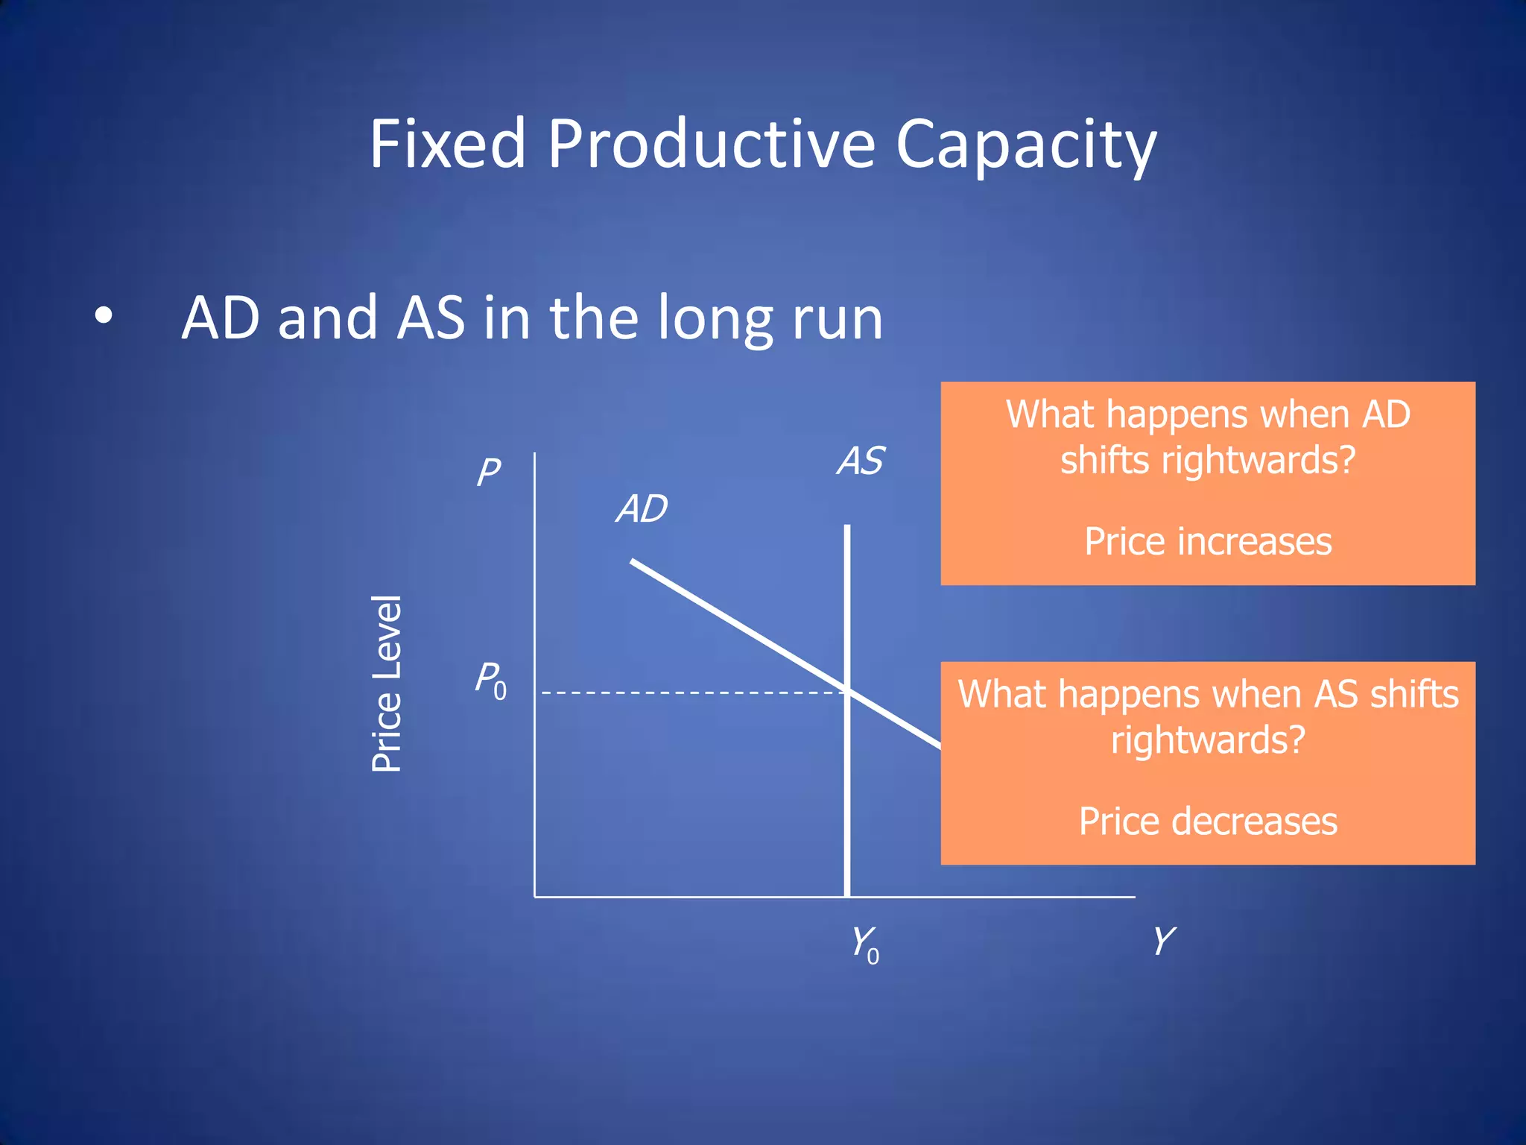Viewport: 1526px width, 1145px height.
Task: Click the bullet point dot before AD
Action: tap(104, 316)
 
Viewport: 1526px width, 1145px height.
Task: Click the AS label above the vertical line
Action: tap(861, 461)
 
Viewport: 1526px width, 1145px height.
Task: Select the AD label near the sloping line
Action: tap(642, 509)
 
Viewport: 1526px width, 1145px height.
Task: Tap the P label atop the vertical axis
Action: tap(489, 473)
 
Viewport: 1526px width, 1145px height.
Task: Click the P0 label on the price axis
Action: tap(491, 681)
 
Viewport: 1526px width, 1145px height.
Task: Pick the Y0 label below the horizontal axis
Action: tap(865, 944)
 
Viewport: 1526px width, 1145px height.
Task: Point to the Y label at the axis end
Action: tap(1163, 941)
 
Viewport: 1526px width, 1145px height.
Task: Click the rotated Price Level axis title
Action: tap(387, 684)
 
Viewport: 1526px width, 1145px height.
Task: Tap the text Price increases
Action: tap(1207, 542)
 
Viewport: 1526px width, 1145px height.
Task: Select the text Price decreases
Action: tap(1207, 821)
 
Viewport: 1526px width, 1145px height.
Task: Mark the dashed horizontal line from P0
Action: tap(693, 693)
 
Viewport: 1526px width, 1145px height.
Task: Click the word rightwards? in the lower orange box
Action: tap(1207, 740)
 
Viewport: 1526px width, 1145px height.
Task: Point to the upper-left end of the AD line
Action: tap(633, 561)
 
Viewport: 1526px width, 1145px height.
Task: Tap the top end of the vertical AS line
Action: tap(847, 526)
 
